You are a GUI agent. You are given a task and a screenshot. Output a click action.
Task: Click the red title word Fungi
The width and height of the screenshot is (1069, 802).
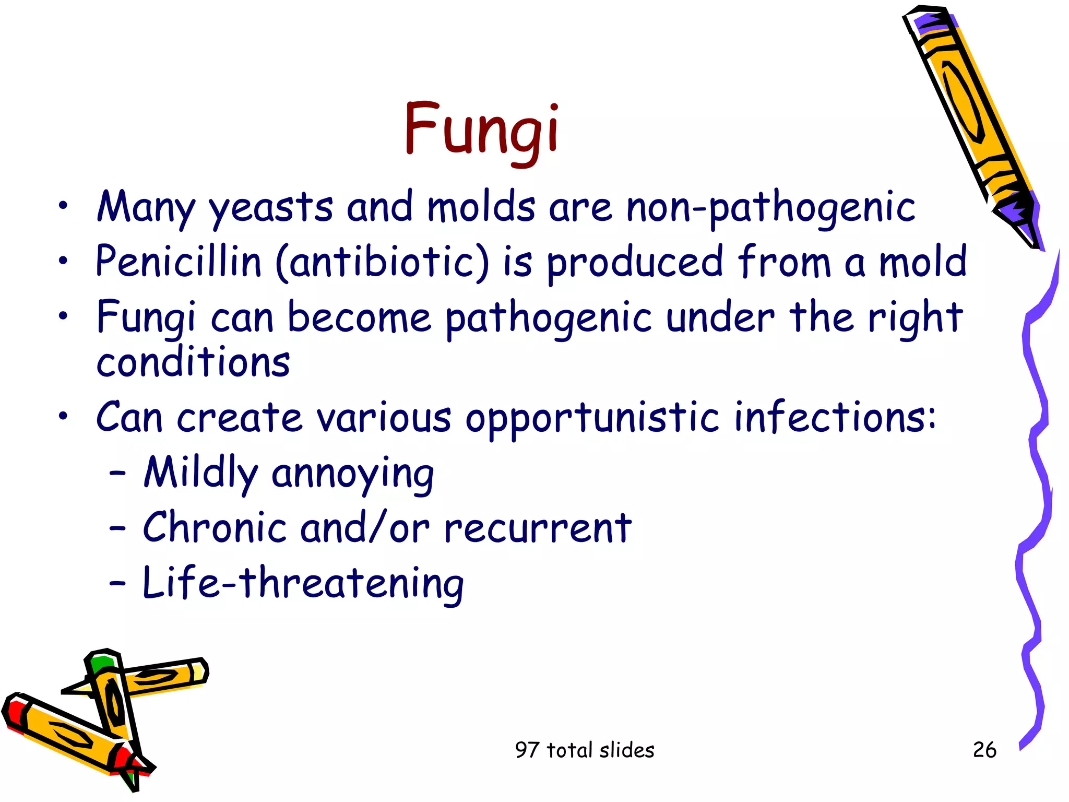(481, 129)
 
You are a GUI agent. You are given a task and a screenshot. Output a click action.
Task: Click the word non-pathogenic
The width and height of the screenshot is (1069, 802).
(770, 208)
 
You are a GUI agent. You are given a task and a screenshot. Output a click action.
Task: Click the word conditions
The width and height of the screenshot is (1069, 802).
(193, 361)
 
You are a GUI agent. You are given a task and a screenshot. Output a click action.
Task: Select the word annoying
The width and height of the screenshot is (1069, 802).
(353, 474)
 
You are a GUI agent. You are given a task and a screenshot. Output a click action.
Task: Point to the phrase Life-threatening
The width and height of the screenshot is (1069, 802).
(303, 584)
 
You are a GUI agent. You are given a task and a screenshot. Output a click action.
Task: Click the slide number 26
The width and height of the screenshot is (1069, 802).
(984, 750)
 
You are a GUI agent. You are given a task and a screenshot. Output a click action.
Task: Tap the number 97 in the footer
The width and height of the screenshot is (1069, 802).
(526, 750)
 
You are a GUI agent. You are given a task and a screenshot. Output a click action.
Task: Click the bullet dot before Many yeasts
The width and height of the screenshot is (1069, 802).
(63, 206)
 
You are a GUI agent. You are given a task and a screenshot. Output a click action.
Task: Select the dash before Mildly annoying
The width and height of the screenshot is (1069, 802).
(117, 473)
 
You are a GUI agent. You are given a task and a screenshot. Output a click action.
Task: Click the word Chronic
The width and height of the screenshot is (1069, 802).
(215, 527)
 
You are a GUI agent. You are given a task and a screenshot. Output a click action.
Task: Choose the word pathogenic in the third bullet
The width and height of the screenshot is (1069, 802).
(549, 317)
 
